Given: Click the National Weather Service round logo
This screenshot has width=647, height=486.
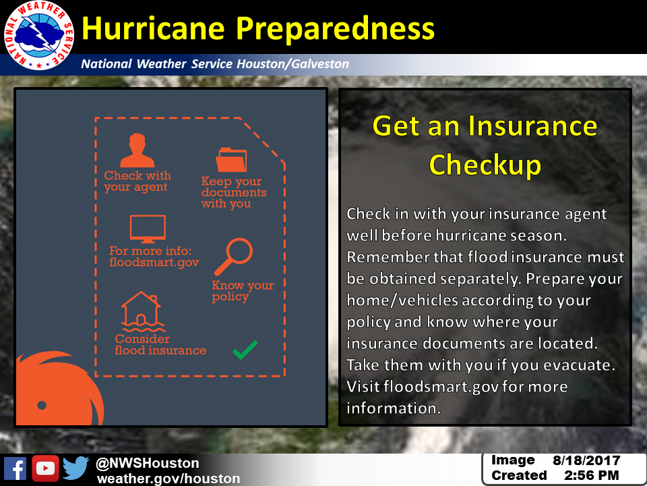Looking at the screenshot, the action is point(39,35).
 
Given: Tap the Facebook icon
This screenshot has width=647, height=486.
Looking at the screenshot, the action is point(15,468).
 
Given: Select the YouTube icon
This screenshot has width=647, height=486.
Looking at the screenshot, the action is point(45,468).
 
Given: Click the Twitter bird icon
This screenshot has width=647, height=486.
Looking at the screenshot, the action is point(75,468).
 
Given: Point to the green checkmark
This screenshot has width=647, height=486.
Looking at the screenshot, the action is point(245,350).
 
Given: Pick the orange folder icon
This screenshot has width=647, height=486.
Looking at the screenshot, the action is point(231,159).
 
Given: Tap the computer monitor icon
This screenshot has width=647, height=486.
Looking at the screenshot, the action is point(148,229).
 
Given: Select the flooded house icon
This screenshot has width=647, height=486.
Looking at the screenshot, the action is point(142,312).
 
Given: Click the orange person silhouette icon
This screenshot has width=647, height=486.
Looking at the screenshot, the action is point(137,150).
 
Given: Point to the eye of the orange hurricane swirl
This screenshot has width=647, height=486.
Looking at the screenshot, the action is point(42,405).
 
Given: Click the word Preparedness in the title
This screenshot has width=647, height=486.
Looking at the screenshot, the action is point(335,29).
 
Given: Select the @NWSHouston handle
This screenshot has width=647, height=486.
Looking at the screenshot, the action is point(148,463).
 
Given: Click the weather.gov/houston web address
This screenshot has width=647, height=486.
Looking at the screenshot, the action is point(168,479).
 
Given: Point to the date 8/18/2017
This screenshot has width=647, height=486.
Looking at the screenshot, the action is point(586,460).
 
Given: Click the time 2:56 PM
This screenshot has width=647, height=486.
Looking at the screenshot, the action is point(592,476).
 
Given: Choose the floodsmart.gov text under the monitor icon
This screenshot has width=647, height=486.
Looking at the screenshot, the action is point(154,263).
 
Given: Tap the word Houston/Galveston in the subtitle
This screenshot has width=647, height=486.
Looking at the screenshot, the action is point(293,64).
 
